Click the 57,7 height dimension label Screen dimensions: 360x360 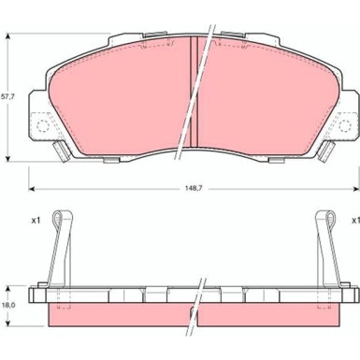pyautogui.click(x=8, y=97)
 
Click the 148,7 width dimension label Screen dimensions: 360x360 pyautogui.click(x=194, y=188)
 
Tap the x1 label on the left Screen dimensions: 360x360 pyautogui.click(x=36, y=221)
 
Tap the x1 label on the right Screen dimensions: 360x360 pyautogui.click(x=355, y=221)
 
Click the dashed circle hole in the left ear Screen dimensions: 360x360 pyautogui.click(x=43, y=125)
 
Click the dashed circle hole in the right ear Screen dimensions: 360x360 pyautogui.click(x=345, y=125)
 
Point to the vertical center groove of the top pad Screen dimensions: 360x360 pyautogui.click(x=194, y=92)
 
